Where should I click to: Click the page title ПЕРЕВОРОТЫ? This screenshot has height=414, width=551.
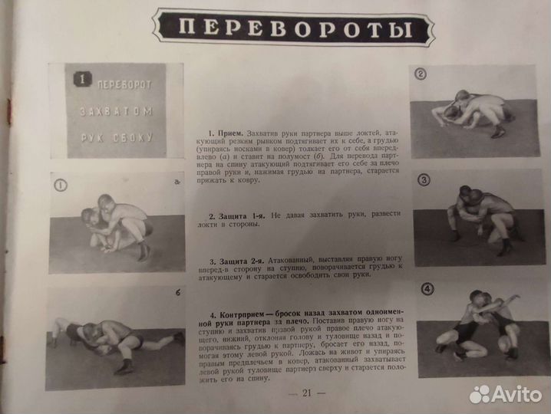click(294, 30)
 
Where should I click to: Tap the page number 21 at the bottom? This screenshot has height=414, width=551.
click(306, 394)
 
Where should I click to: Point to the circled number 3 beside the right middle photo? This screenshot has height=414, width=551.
click(424, 180)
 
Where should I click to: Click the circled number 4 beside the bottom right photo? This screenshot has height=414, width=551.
click(427, 289)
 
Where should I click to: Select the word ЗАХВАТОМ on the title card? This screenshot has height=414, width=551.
click(115, 110)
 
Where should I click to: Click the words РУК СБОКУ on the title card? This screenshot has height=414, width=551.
click(116, 138)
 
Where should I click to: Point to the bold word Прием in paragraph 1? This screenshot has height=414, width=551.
click(229, 133)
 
